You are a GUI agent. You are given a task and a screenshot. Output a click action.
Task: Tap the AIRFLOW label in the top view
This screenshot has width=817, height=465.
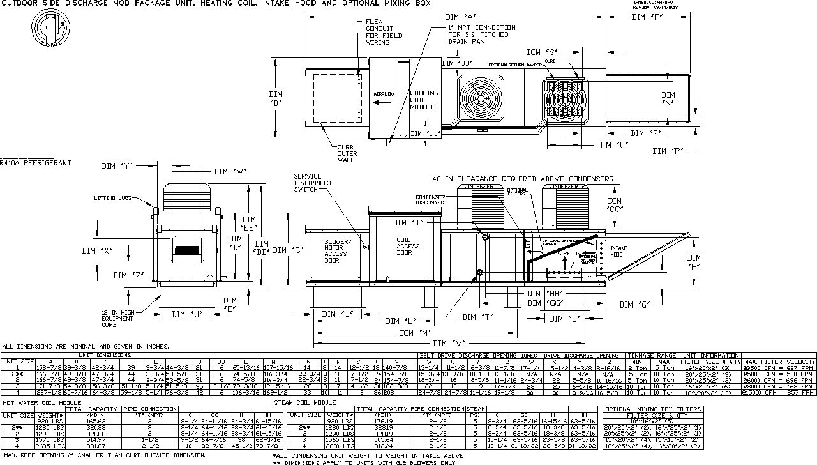(384, 94)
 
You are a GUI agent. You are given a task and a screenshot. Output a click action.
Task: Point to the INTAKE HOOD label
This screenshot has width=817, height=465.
(618, 252)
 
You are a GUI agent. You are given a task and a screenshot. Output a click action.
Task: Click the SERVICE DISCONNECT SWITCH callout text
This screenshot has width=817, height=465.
(313, 183)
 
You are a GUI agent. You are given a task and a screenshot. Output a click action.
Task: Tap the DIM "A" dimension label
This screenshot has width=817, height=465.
(463, 16)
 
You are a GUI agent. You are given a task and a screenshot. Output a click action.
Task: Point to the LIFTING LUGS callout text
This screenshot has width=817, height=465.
(114, 198)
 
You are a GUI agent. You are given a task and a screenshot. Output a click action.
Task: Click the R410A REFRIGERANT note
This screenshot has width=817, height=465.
(36, 164)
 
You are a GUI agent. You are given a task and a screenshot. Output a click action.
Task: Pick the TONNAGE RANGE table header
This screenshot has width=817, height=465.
(653, 355)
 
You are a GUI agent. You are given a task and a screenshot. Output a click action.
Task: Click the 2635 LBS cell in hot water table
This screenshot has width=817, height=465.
(51, 446)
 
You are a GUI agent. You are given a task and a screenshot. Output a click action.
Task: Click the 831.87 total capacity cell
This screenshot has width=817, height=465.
(94, 446)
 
